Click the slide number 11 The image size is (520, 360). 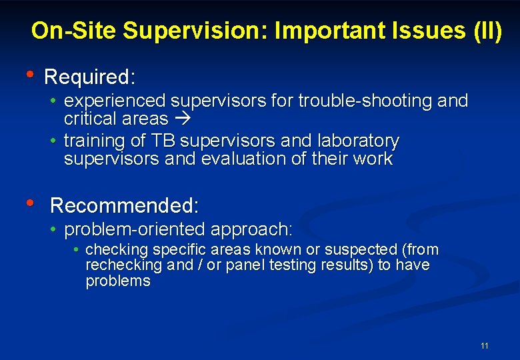point(484,345)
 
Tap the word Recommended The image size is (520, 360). point(123,205)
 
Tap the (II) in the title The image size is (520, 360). point(487,31)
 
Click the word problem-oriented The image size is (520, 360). point(135,229)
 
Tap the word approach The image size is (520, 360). point(251,229)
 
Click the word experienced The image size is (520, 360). point(115,101)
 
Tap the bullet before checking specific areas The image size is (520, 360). point(77,249)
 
